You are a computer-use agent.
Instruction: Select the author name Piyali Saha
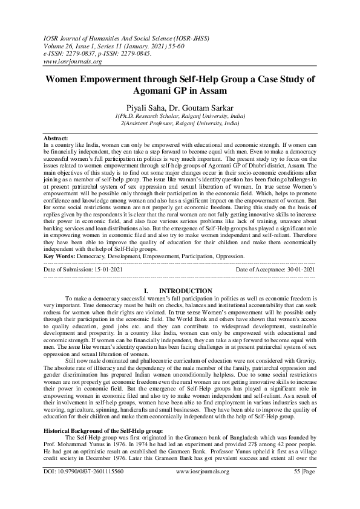[x=147, y=106]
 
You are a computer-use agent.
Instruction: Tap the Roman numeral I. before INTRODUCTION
[x=145, y=291]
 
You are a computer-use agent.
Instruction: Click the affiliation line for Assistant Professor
[x=180, y=122]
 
